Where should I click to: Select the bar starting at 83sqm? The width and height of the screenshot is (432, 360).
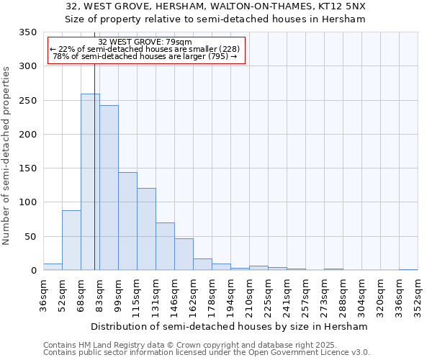tap(109, 188)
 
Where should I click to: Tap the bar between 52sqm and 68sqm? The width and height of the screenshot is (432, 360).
tap(71, 240)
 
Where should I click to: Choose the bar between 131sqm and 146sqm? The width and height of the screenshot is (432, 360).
tap(165, 246)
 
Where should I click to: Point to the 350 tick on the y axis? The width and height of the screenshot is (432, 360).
tap(28, 32)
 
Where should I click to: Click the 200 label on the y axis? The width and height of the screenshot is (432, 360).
tap(28, 135)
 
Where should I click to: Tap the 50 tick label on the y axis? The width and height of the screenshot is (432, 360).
tap(31, 237)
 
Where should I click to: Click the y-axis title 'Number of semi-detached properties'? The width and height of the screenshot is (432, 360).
tap(6, 156)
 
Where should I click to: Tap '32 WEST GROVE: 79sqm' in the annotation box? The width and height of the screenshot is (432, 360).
tap(145, 42)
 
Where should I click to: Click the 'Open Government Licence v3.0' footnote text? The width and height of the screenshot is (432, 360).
tap(312, 352)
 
